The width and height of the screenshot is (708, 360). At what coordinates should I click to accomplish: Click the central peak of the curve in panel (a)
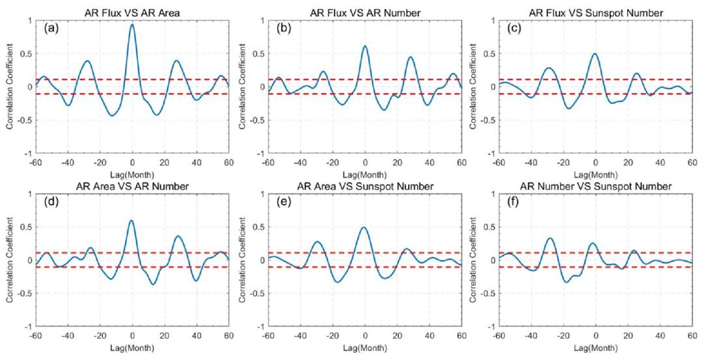[x=132, y=25]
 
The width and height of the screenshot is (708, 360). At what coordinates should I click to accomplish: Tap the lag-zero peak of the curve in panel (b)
[x=365, y=46]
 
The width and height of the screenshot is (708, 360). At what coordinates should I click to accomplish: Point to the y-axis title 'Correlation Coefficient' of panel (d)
[x=11, y=260]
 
